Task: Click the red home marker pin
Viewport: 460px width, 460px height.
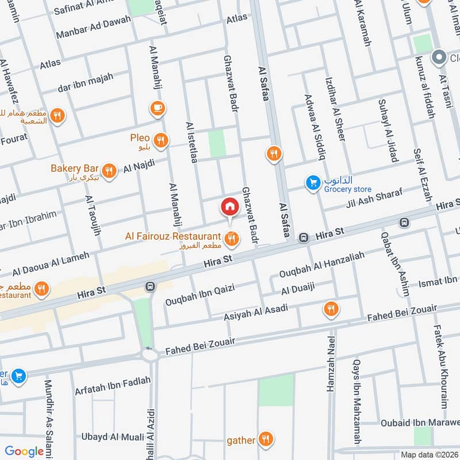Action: click(x=229, y=206)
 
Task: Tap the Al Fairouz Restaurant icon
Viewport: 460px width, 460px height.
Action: click(x=232, y=237)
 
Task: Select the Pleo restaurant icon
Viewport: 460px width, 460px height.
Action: click(x=161, y=139)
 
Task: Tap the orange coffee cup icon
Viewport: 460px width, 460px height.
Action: click(x=156, y=108)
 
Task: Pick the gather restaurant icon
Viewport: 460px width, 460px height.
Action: click(x=265, y=440)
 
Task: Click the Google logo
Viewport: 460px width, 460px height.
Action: click(x=25, y=451)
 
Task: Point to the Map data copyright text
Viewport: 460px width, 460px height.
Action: click(x=428, y=455)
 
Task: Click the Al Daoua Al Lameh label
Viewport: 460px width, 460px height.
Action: click(x=51, y=262)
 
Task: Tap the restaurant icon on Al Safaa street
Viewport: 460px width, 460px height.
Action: click(x=274, y=153)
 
